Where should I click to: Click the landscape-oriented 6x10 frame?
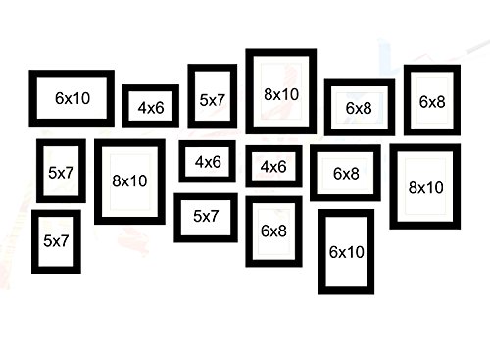(x=72, y=98)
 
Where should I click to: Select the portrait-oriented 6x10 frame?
(x=346, y=251)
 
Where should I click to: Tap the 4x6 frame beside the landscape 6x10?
(x=150, y=107)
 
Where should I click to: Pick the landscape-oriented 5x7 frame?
(x=206, y=217)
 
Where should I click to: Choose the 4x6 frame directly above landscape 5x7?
(x=207, y=162)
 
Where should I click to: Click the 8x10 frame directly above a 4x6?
(x=281, y=93)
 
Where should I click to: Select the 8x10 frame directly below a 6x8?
(x=425, y=186)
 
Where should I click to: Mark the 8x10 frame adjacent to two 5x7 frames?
(x=129, y=180)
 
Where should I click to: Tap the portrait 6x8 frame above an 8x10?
(x=432, y=101)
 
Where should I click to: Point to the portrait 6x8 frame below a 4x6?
(x=273, y=231)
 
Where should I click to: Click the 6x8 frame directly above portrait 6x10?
(x=345, y=174)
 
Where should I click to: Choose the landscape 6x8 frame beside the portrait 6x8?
(x=359, y=109)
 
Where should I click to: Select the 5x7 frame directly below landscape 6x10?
(x=61, y=172)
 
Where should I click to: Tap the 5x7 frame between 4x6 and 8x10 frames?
(x=212, y=98)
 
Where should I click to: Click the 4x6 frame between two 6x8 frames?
(x=273, y=167)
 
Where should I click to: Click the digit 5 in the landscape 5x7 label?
(x=197, y=217)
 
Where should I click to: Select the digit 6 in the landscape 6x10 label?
(x=60, y=98)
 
